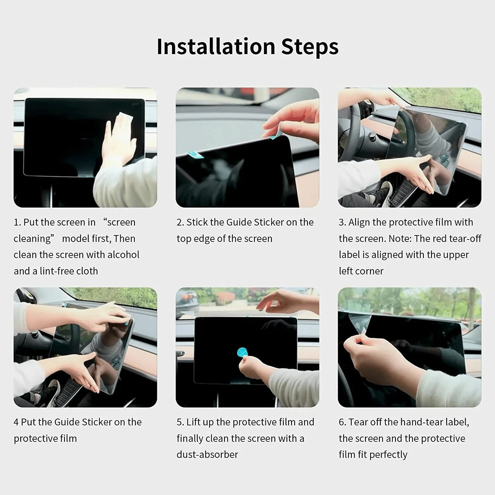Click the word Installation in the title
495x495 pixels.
(x=216, y=46)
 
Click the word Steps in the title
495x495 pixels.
(x=310, y=47)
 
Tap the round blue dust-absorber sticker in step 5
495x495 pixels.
(x=242, y=352)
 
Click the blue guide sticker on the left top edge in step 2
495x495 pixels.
(x=195, y=155)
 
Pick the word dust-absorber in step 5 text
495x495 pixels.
(x=207, y=455)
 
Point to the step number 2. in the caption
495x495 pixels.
(x=180, y=222)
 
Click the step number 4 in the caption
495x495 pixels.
(x=16, y=422)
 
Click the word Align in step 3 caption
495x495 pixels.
(x=359, y=222)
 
